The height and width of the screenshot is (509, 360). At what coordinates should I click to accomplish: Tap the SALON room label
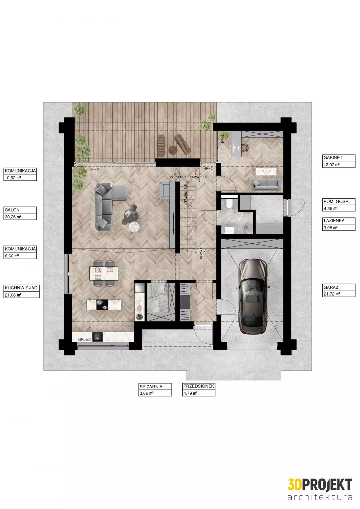pos(12,210)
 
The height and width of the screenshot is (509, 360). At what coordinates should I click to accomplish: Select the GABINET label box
pos(339,161)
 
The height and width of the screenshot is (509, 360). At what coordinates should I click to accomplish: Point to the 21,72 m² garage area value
pos(332,294)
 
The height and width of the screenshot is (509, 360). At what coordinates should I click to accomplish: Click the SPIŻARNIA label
pos(151,387)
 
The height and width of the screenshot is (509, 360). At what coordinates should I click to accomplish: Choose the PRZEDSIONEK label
pos(199,386)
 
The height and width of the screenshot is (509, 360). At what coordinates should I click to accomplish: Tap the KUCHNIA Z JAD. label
pos(22,288)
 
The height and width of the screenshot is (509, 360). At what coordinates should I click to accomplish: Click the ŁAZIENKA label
pos(334,220)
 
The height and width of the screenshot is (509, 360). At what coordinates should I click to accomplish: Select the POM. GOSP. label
pos(336,201)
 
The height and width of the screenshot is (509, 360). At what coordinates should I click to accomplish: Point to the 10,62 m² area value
pos(13,178)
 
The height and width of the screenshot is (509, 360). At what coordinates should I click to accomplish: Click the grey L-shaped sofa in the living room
pos(108,206)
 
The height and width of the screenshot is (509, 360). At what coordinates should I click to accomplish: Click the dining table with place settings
pos(104,273)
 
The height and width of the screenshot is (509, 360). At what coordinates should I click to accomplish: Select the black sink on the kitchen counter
pos(98,337)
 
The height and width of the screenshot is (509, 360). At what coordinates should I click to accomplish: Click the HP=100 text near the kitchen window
pos(85,340)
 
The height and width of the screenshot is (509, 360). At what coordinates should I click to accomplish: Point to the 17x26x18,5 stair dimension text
pos(186,193)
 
